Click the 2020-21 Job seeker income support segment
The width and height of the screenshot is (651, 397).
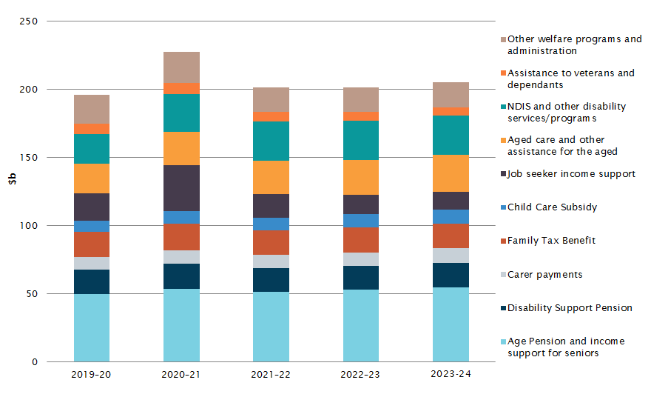[x=181, y=188]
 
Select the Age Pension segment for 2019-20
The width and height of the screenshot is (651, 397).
[x=92, y=327]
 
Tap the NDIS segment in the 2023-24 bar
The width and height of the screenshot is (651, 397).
[x=451, y=135]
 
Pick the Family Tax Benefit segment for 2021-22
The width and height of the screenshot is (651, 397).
[x=271, y=242]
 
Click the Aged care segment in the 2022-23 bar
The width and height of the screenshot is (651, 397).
[x=361, y=177]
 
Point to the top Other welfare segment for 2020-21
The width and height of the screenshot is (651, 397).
[x=181, y=67]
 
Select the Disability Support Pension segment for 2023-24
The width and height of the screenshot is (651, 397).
[x=451, y=275]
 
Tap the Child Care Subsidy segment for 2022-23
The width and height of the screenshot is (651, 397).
[x=361, y=221]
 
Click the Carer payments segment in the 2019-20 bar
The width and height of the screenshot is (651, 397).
[x=92, y=263]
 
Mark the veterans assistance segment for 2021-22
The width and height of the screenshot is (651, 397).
[x=271, y=116]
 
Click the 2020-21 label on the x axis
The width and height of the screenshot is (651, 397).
[x=181, y=374]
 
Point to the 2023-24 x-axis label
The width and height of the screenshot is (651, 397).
[x=451, y=374]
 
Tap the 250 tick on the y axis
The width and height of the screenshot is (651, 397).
[x=30, y=21]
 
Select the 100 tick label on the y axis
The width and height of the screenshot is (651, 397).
[x=30, y=226]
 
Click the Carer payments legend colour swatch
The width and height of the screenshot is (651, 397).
[x=502, y=275]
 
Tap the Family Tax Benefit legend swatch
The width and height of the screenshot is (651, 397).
[x=502, y=241]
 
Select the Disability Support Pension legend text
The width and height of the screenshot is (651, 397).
[x=570, y=308]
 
